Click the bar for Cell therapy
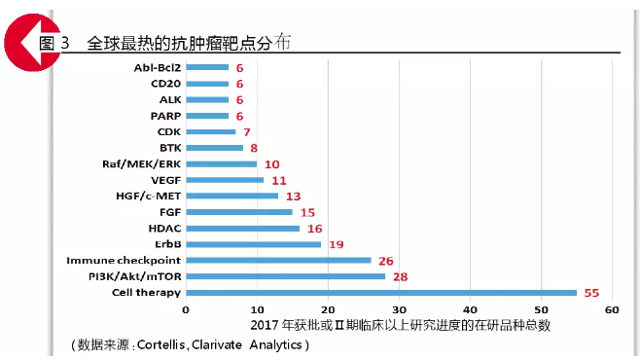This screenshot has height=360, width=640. (380, 292)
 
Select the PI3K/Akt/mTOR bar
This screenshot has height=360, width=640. (285, 276)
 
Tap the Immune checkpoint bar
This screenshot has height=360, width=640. (278, 260)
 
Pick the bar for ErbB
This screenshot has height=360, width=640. (253, 244)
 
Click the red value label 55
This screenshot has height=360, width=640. (590, 292)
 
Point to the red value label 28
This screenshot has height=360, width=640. (399, 276)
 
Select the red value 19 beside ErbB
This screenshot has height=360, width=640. (335, 244)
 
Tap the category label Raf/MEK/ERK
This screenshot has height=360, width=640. (140, 163)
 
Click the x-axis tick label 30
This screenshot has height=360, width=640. (399, 310)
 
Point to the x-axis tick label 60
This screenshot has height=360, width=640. (612, 310)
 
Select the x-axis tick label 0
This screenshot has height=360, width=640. (186, 310)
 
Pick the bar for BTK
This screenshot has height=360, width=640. (214, 148)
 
